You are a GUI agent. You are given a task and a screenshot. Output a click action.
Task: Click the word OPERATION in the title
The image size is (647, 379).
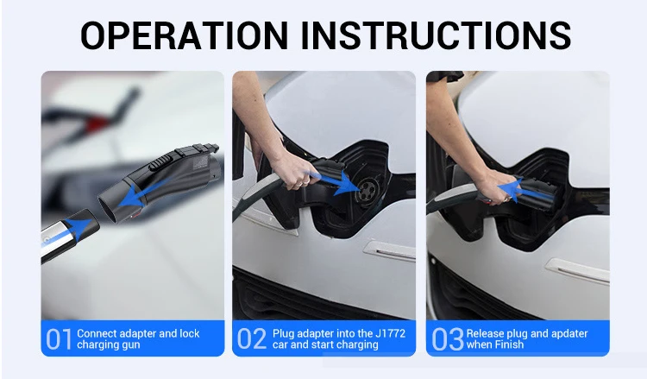pyautogui.click(x=184, y=35)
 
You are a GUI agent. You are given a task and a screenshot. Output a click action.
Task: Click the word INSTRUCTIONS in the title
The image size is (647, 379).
pyautogui.click(x=436, y=35)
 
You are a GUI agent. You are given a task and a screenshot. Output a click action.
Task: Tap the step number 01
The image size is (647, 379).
pyautogui.click(x=59, y=339)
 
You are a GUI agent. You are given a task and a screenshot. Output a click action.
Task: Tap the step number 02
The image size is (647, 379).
pyautogui.click(x=252, y=339)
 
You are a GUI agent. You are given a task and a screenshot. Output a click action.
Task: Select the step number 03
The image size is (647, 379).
pyautogui.click(x=447, y=339)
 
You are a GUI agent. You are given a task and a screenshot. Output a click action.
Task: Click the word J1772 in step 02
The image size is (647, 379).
pyautogui.click(x=390, y=333)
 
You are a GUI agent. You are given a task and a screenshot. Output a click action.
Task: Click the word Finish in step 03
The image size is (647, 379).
pyautogui.click(x=510, y=344)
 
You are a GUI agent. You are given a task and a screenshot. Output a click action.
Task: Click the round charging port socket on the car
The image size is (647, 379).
pyautogui.click(x=367, y=190)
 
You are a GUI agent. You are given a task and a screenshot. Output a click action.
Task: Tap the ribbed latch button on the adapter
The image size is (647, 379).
pyautogui.click(x=161, y=161)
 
